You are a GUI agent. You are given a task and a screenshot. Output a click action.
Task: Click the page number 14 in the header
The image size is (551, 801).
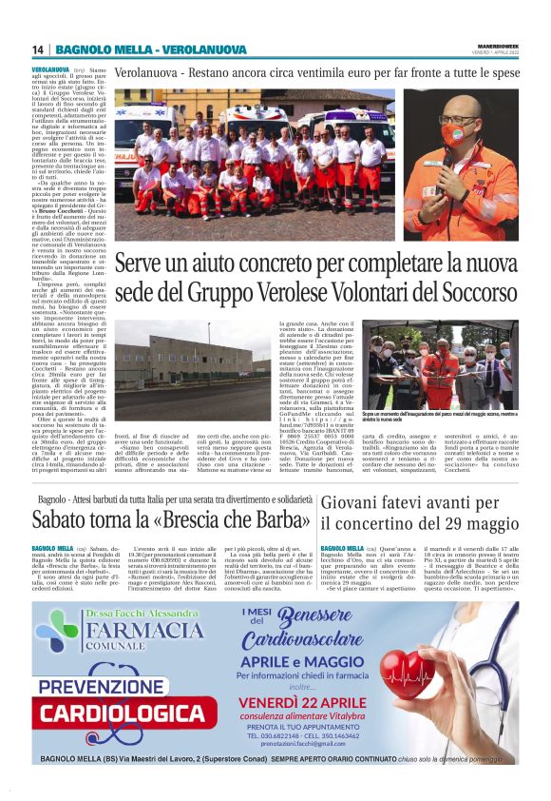click(x=39, y=49)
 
